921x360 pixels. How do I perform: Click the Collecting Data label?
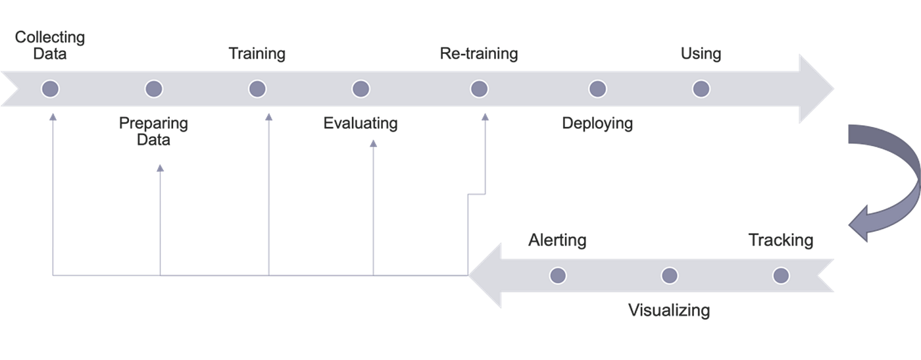(x=50, y=45)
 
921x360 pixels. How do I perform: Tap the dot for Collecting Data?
(x=50, y=89)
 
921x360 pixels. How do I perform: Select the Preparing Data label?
(x=153, y=131)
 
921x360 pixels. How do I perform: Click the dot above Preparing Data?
(x=154, y=89)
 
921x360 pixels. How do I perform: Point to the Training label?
(x=257, y=53)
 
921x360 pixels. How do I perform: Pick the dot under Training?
(x=257, y=89)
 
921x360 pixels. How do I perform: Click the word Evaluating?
(x=361, y=123)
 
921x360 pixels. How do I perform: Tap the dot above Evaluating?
(x=361, y=89)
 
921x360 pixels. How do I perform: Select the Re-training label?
(x=479, y=53)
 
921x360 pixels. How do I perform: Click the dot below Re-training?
(x=480, y=89)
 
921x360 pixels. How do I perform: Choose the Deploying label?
(x=597, y=123)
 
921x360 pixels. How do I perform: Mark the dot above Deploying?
(x=597, y=89)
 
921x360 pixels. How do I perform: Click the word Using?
(x=701, y=53)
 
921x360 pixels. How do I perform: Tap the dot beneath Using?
(x=701, y=89)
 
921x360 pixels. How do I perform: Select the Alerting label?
(x=557, y=240)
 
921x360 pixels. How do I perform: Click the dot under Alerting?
(x=558, y=276)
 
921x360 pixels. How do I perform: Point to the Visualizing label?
(x=669, y=310)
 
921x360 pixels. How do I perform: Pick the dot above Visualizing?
(x=670, y=276)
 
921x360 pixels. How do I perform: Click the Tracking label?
(x=781, y=240)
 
